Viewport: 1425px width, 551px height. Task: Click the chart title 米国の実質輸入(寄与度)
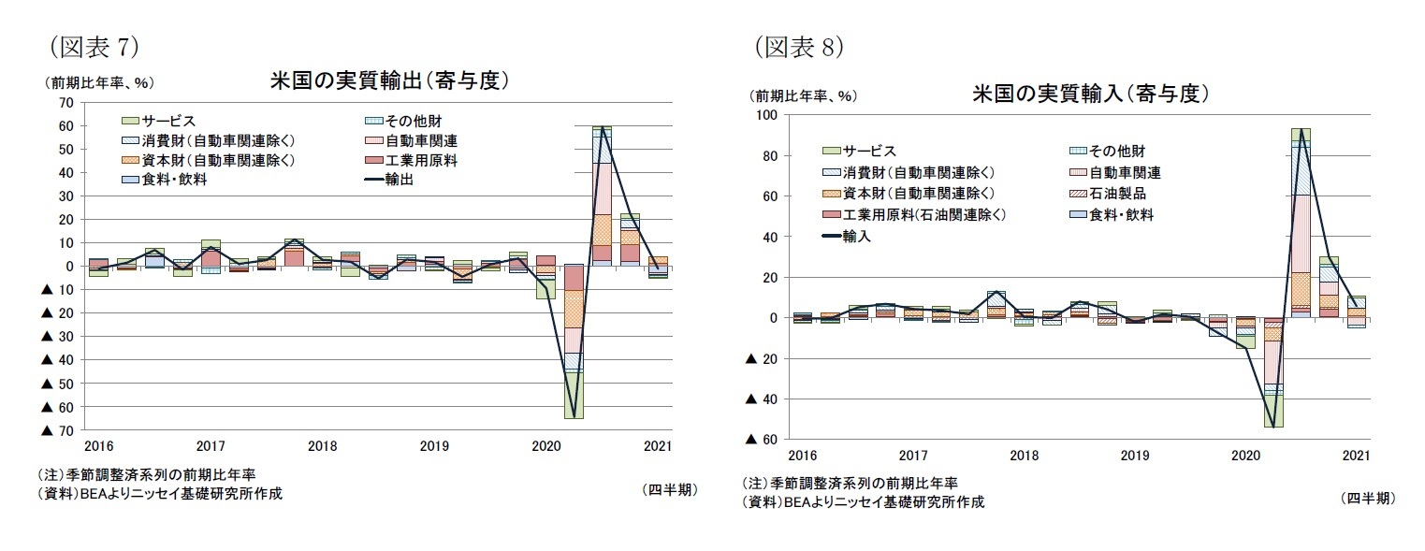(1091, 94)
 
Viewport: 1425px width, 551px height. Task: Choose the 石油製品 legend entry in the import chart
(1117, 194)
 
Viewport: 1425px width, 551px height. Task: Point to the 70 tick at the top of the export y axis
(65, 103)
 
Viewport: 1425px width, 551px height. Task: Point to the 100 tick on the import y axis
(766, 115)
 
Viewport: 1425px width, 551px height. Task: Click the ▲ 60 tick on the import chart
(759, 440)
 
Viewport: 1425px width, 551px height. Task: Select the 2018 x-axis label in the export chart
(322, 446)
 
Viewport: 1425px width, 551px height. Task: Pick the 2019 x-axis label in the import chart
(1134, 456)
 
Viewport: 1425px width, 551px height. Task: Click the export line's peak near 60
(602, 128)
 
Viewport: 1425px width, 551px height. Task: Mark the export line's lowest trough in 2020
(573, 416)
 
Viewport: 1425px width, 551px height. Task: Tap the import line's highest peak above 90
(1301, 129)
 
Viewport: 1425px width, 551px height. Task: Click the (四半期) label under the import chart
(1367, 499)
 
